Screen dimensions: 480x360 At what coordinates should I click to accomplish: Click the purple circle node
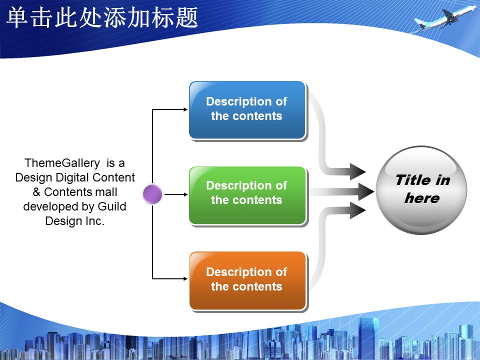(x=152, y=194)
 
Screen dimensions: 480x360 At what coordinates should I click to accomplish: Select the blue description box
(x=247, y=110)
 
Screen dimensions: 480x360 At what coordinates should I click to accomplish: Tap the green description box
(x=247, y=195)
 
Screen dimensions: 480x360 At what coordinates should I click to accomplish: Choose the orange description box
(x=247, y=280)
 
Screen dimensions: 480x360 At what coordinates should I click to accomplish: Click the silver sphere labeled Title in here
(x=421, y=190)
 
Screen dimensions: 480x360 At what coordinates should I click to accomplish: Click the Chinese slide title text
(x=102, y=18)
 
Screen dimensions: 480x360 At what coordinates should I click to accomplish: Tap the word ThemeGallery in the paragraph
(x=62, y=163)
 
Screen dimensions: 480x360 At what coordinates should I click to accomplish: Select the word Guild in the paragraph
(x=111, y=206)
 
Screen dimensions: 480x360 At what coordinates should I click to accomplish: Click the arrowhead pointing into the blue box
(x=185, y=109)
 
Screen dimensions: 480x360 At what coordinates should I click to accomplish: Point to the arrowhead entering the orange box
(x=185, y=278)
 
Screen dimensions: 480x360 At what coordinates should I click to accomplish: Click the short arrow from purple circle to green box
(x=176, y=194)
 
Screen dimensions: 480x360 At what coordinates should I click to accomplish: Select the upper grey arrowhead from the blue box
(x=357, y=171)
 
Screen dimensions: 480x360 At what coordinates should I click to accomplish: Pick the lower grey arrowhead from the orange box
(x=357, y=210)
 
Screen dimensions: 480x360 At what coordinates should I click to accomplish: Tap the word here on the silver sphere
(x=422, y=198)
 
